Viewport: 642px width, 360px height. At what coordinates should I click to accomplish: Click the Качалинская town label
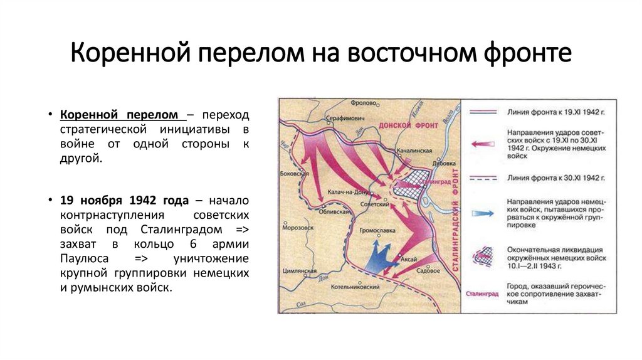pos(414,151)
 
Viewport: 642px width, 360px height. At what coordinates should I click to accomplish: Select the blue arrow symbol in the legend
pos(480,213)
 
